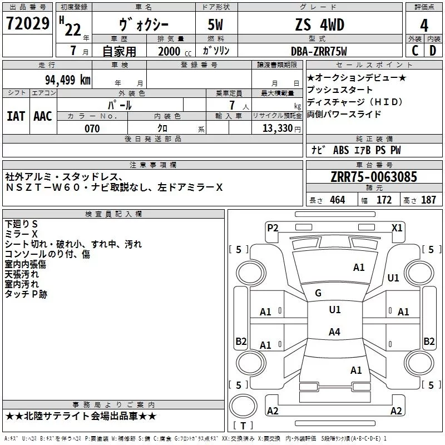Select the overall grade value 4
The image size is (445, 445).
[x=424, y=26]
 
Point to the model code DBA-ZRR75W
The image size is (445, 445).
[x=319, y=51]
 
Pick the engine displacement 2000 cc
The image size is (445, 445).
[x=170, y=51]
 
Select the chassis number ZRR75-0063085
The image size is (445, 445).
[x=373, y=177]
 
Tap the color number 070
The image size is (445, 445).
[x=92, y=128]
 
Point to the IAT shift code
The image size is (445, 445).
[x=16, y=116]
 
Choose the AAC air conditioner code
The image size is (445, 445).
[x=42, y=116]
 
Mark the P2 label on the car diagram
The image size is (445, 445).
[x=273, y=228]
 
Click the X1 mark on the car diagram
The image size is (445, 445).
[x=397, y=228]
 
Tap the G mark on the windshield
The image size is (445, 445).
[x=318, y=293]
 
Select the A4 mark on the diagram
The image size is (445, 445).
[x=334, y=332]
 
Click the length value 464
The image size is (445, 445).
[x=337, y=200]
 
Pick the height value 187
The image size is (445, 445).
[x=428, y=200]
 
